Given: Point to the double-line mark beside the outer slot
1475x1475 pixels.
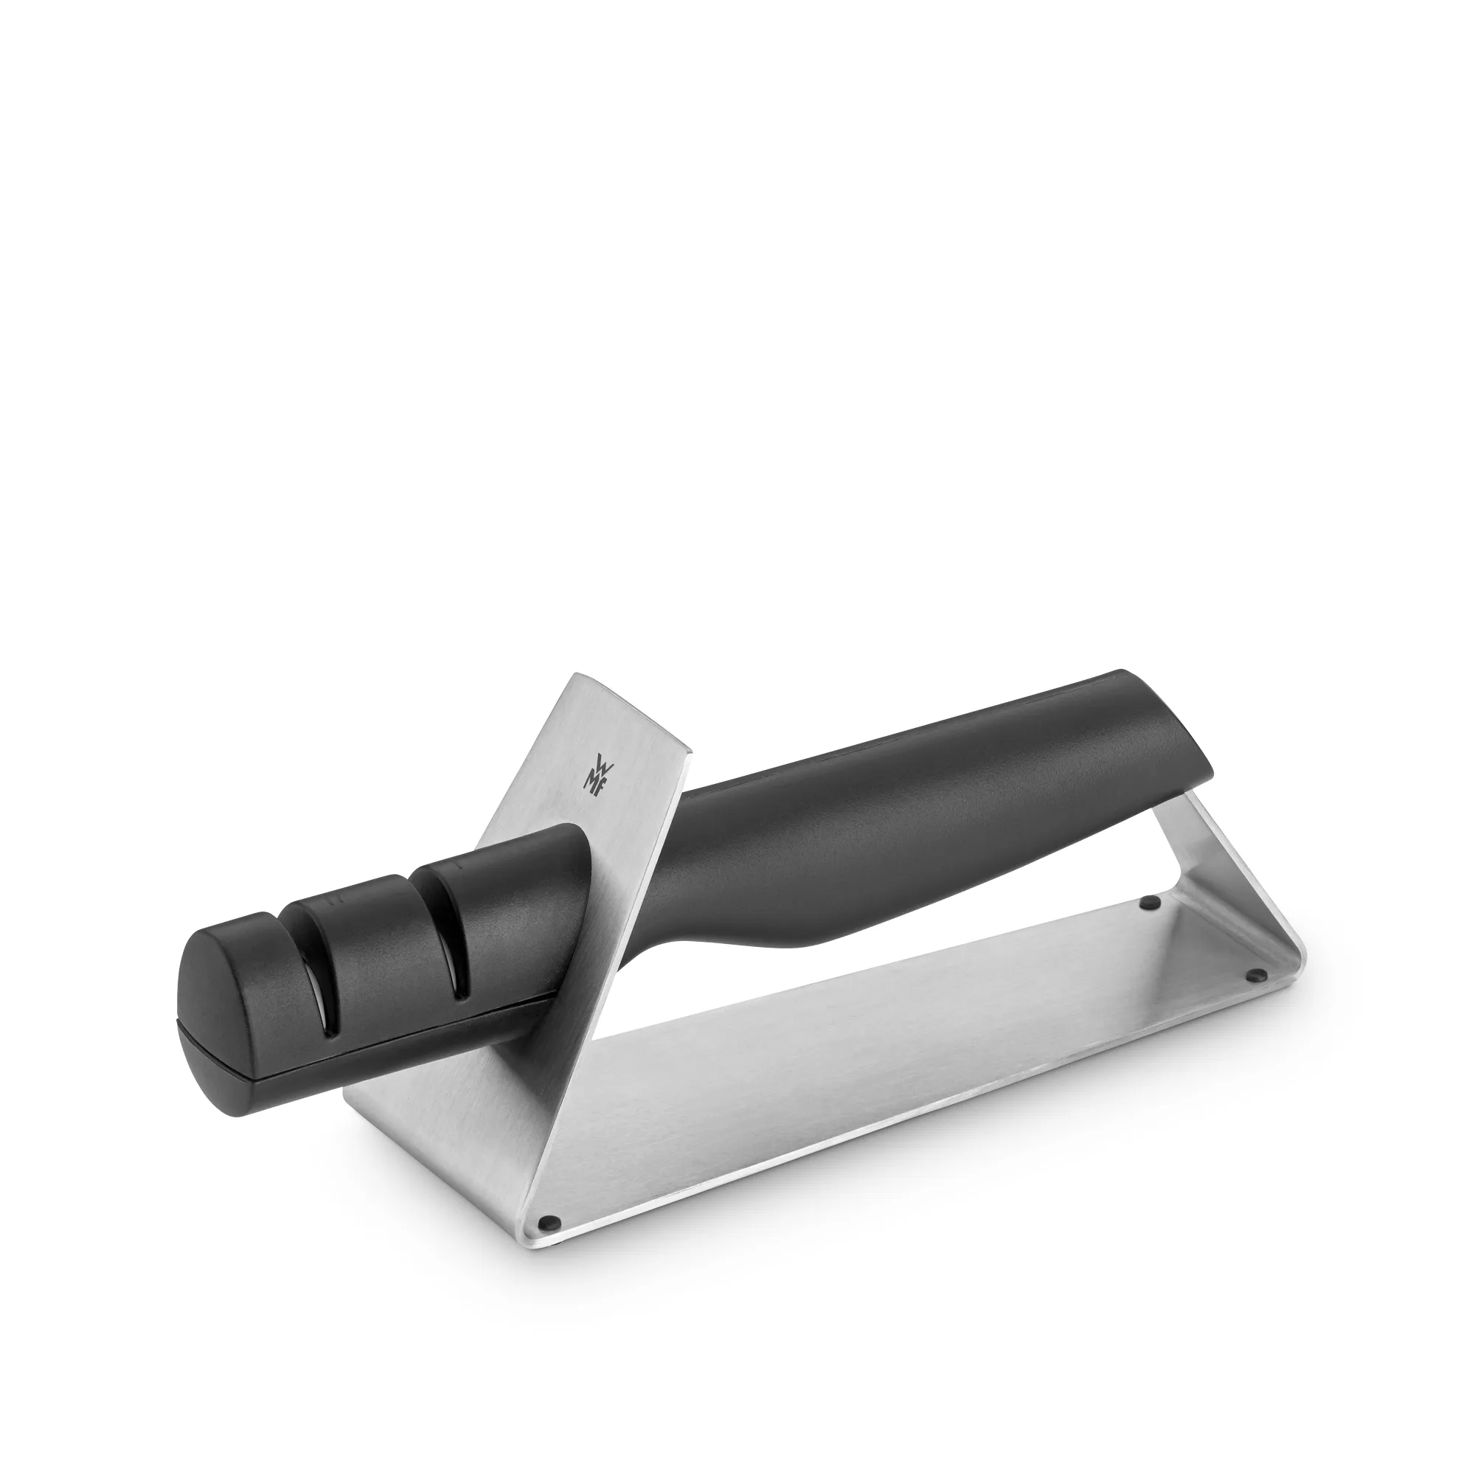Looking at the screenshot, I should (x=331, y=899).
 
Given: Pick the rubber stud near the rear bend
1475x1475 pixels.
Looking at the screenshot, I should (x=1145, y=903).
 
